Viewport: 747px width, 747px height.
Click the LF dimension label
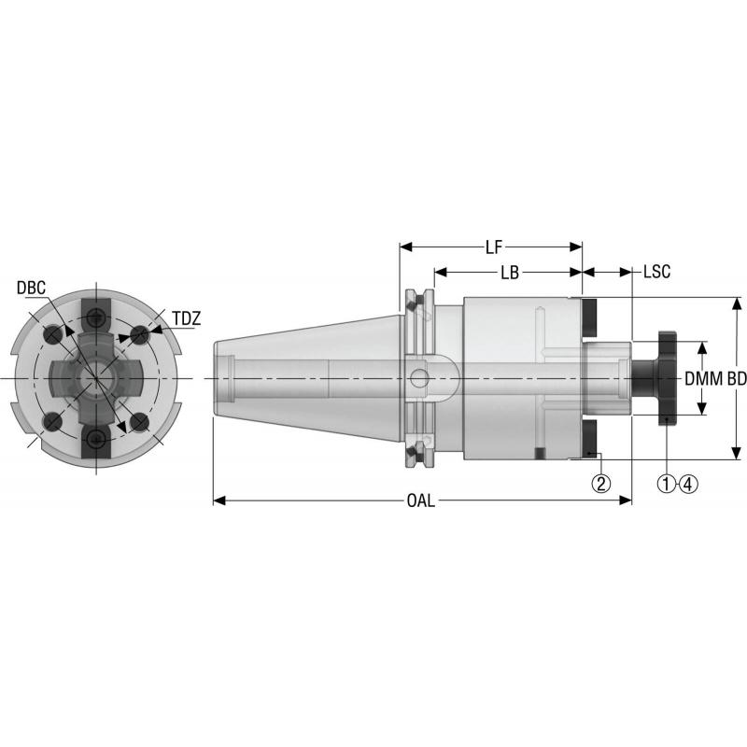pos(494,247)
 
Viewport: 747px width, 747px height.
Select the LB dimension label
pos(509,274)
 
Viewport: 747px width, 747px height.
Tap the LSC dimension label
pos(657,274)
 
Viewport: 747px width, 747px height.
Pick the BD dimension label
pos(737,379)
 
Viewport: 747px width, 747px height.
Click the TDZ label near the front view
pos(186,318)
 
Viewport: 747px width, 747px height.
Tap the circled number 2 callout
pos(600,483)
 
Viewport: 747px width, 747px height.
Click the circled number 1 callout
pos(667,483)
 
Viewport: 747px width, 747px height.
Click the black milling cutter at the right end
pos(665,378)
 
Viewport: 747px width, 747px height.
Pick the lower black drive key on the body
pos(590,440)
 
